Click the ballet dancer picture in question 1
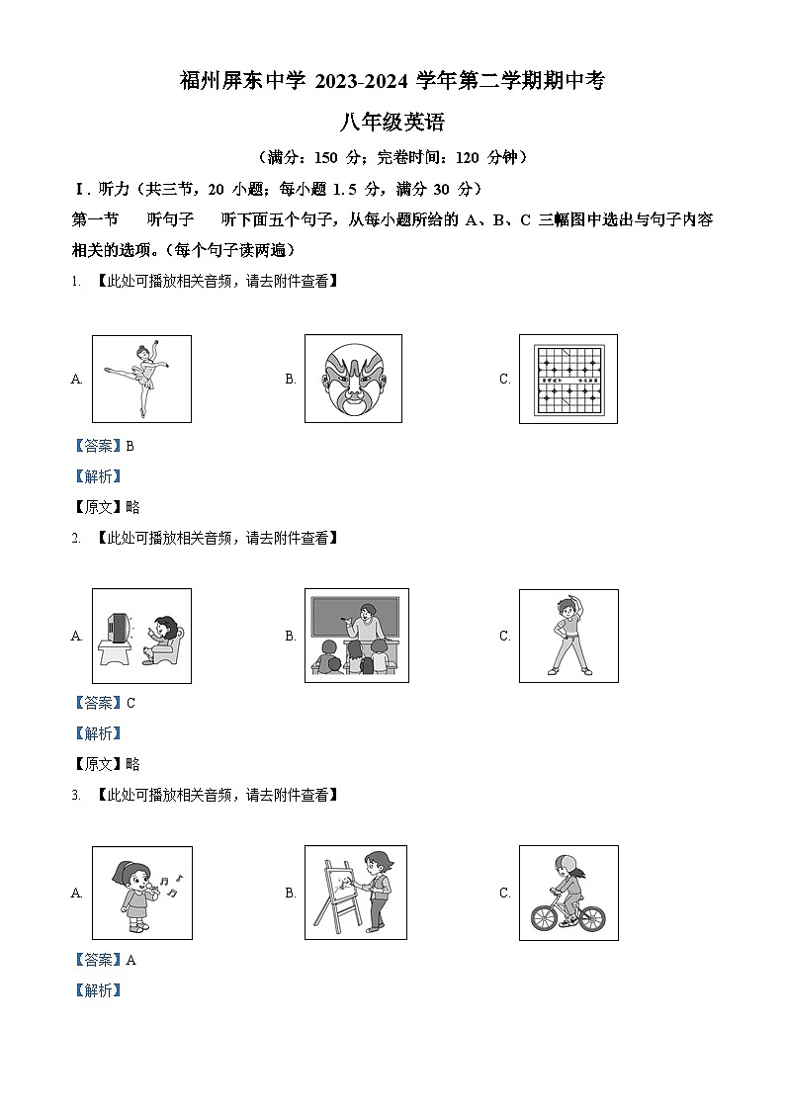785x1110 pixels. point(141,379)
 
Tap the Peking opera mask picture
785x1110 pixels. point(354,380)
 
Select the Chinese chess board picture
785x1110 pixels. point(567,379)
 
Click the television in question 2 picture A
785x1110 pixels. point(117,629)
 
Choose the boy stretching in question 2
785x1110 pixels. point(568,636)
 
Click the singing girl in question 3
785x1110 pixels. point(136,892)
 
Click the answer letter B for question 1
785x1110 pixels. point(131,446)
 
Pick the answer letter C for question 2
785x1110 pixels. point(131,703)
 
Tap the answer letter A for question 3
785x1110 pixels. point(131,960)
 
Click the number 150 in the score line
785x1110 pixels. point(327,157)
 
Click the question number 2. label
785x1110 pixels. point(75,538)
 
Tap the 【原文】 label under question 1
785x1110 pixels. point(97,507)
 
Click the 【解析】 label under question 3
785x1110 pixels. point(97,990)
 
